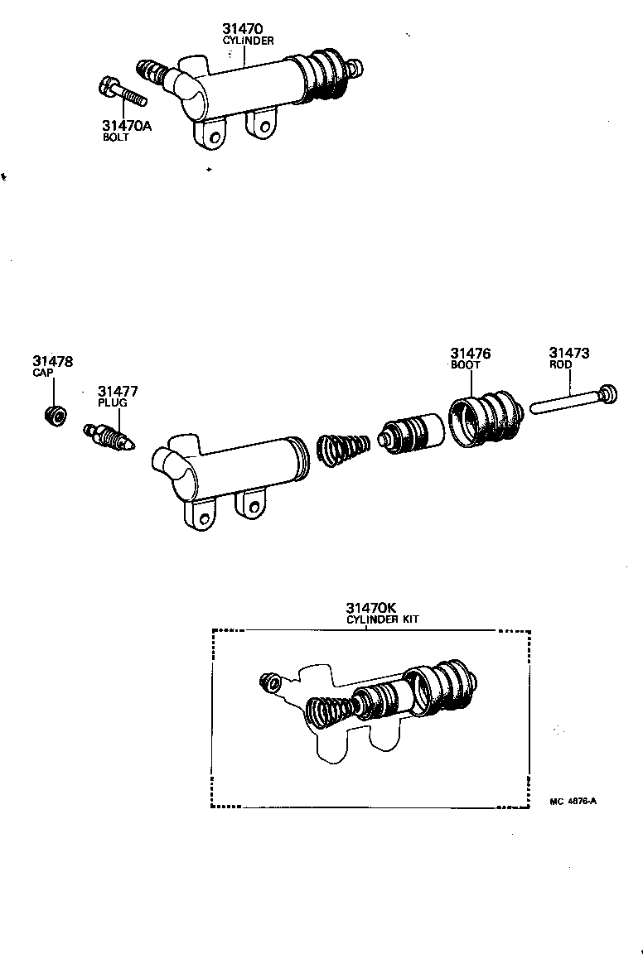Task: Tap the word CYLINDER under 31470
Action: pyautogui.click(x=248, y=40)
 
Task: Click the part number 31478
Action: pyautogui.click(x=53, y=361)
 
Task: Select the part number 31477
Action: pyautogui.click(x=118, y=391)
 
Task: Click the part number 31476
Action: pyautogui.click(x=471, y=354)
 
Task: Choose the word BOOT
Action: pyautogui.click(x=466, y=364)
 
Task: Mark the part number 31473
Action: pyautogui.click(x=570, y=354)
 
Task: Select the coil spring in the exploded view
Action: pyautogui.click(x=342, y=452)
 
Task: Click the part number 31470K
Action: pyautogui.click(x=370, y=608)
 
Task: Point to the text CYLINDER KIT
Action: pyautogui.click(x=382, y=619)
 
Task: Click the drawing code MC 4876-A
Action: pyautogui.click(x=573, y=801)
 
